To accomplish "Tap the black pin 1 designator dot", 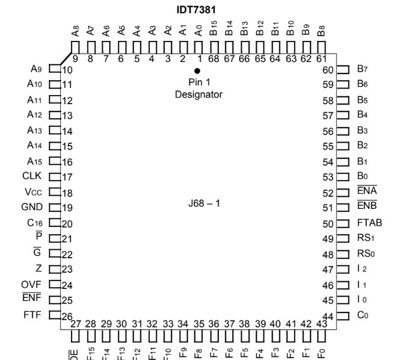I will point(197,70).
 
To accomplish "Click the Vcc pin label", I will point(32,192).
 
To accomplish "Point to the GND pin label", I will point(32,208).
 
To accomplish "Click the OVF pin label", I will point(32,284).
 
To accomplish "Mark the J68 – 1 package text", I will point(205,203).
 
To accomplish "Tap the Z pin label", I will point(39,269).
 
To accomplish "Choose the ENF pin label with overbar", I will point(32,300).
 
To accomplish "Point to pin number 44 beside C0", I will point(328,316).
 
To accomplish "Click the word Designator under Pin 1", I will point(199,95).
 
